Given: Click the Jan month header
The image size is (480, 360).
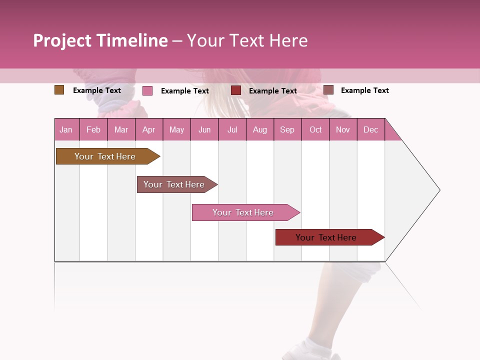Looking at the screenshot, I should coord(66,129).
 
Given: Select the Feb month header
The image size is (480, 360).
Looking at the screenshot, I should coord(93,129).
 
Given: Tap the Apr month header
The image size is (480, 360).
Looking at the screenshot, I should coord(149,129).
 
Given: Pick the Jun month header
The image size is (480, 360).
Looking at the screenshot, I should coord(204,129).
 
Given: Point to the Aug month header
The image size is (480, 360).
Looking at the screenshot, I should coord(260,129).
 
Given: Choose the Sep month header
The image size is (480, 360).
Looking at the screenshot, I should coord(287,129).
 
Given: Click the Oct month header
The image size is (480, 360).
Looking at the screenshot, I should coord(315,129).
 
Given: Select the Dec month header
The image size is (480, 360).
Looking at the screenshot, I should coord(371,129).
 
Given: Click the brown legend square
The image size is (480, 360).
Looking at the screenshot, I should coord(59,90).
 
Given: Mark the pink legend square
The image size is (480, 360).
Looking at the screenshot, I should coord(147,90).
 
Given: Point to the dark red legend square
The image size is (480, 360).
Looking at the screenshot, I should coord(236,90).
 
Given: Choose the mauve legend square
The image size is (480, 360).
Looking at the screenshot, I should coord(328,90).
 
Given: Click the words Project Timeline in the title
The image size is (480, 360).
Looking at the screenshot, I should coord(100,40).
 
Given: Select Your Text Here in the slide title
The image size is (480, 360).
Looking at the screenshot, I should coord(247,40).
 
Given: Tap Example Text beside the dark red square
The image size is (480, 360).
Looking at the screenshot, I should coord(273,91).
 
